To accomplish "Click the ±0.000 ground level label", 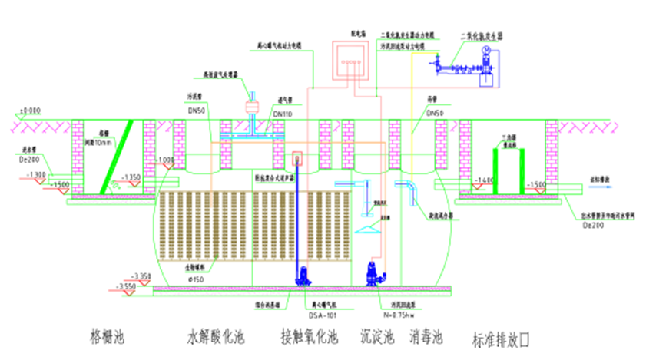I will pos(31,110).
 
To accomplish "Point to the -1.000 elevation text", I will pos(165,160).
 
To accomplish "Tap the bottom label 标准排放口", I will pos(503,339).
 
